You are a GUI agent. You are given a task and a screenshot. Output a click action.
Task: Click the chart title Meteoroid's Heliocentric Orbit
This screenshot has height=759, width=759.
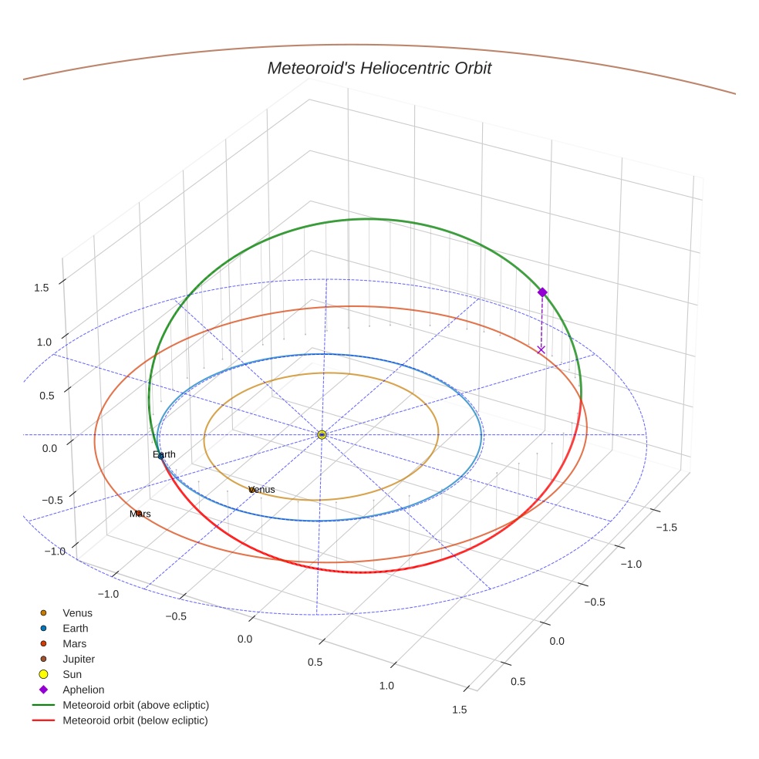[x=379, y=68]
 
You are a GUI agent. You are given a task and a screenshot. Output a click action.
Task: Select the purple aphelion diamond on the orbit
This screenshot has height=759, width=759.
[x=542, y=292]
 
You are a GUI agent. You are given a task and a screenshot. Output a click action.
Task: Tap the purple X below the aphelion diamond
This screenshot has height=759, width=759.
[x=541, y=349]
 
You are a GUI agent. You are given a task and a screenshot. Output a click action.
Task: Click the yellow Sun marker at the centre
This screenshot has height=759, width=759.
[x=322, y=435]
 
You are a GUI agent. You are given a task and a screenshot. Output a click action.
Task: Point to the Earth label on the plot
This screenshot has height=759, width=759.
[x=164, y=455]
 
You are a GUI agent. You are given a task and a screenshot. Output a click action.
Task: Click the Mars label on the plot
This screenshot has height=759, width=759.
[x=140, y=514]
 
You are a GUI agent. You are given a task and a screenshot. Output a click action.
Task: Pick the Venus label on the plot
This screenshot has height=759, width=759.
[x=262, y=490]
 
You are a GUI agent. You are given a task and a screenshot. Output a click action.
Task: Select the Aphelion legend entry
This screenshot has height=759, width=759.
[x=83, y=690]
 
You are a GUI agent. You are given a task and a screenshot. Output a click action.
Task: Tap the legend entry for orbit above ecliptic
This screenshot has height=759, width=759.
[x=136, y=706]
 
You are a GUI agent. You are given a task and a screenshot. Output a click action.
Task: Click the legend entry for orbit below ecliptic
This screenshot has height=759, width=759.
[x=136, y=721]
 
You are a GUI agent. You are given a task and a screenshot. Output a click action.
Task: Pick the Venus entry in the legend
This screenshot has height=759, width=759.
[x=77, y=613]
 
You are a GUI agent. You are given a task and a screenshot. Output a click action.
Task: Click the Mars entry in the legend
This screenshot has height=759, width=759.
[x=74, y=644]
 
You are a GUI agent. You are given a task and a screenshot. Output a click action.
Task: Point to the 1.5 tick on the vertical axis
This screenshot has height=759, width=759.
[x=41, y=288]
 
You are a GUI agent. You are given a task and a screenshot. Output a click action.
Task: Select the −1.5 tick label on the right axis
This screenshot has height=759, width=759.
[x=666, y=527]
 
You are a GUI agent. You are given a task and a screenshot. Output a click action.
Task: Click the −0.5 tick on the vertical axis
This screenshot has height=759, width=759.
[x=52, y=500]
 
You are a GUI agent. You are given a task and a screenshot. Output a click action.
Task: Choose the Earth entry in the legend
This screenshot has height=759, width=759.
[x=76, y=629]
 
